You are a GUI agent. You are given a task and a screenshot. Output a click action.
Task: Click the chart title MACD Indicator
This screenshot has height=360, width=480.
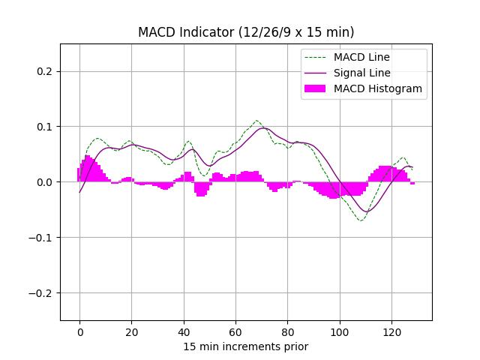[x=246, y=32]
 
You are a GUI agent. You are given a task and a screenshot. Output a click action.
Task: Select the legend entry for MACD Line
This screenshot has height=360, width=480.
[x=361, y=57]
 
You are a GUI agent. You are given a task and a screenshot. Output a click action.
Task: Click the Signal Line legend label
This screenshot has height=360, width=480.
[x=362, y=73]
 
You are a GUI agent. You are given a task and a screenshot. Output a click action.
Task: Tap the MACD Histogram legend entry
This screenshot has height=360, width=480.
[x=378, y=88]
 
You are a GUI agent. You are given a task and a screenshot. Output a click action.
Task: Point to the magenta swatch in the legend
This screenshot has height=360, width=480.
[x=316, y=88]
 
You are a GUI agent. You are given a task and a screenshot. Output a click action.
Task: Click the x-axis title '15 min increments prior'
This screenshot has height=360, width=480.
[x=246, y=346]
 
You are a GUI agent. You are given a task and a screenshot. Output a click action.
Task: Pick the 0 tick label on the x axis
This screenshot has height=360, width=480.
[x=79, y=331]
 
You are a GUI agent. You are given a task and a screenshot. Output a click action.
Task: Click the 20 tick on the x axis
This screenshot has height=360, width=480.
[x=131, y=331]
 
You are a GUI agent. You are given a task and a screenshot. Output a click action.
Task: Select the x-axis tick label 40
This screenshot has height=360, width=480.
[x=184, y=331]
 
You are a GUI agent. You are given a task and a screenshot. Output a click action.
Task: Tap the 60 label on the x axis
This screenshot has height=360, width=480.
[x=235, y=331]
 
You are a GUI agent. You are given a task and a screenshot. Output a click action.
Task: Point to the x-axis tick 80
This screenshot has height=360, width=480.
[x=287, y=331]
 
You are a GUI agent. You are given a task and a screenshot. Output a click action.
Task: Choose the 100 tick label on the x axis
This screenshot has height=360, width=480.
[x=340, y=331]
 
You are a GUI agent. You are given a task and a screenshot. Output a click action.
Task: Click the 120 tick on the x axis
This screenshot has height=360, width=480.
[x=391, y=331]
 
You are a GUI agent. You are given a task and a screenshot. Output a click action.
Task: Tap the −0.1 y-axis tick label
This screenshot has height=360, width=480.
[x=42, y=238]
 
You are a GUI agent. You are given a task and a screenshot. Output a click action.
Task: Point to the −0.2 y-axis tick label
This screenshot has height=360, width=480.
[x=42, y=293]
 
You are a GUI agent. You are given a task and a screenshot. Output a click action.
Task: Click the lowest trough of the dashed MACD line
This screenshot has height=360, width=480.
[x=361, y=220]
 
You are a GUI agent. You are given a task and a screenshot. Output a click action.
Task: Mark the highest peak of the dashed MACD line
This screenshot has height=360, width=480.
[x=256, y=121]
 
